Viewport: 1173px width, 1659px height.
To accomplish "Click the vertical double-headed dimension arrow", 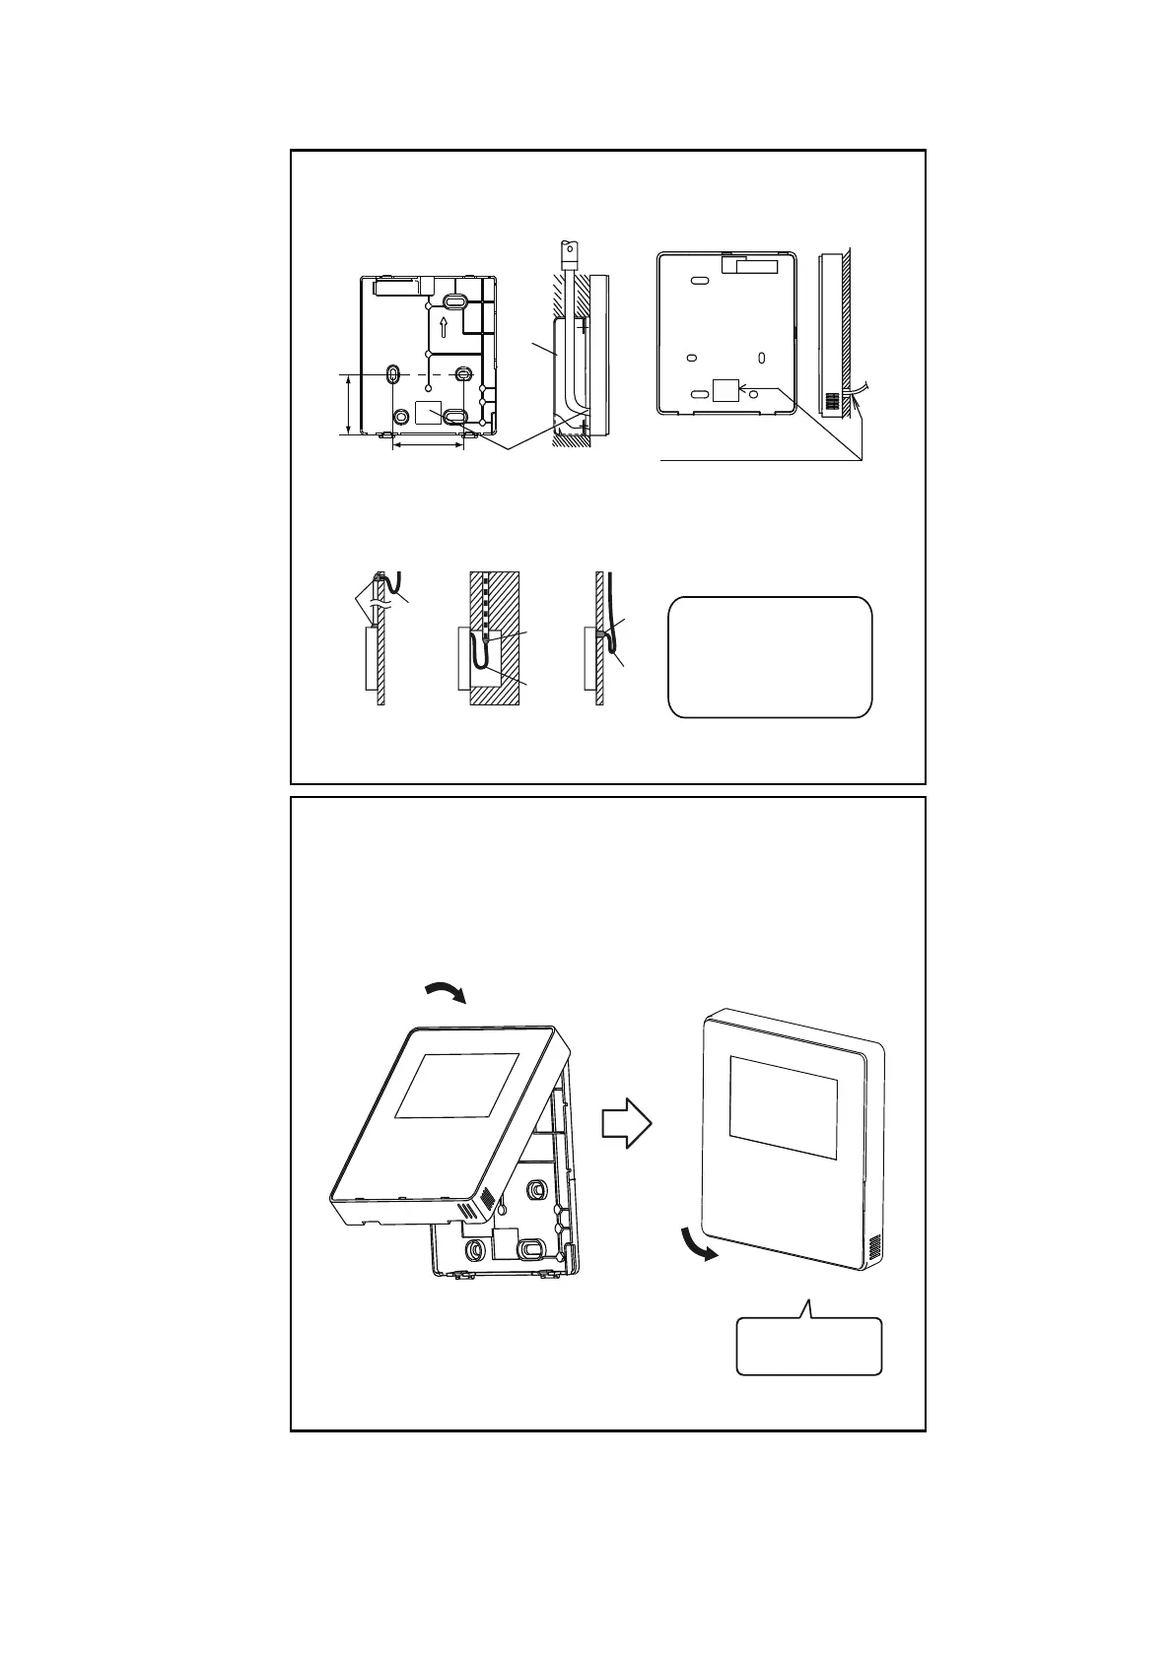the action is [x=350, y=404].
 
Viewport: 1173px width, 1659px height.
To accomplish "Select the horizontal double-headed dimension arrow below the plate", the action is [x=428, y=446].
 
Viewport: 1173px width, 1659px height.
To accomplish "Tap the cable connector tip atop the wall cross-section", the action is [x=569, y=250].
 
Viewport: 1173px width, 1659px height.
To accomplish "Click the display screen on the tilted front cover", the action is [x=455, y=1085].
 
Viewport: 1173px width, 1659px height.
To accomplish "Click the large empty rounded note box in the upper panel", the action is [x=770, y=656].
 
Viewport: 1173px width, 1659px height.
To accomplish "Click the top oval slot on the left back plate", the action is [x=454, y=301].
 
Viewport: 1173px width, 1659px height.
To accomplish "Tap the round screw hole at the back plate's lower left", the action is [x=402, y=417].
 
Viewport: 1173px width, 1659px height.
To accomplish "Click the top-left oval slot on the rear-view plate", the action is [x=698, y=281].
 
